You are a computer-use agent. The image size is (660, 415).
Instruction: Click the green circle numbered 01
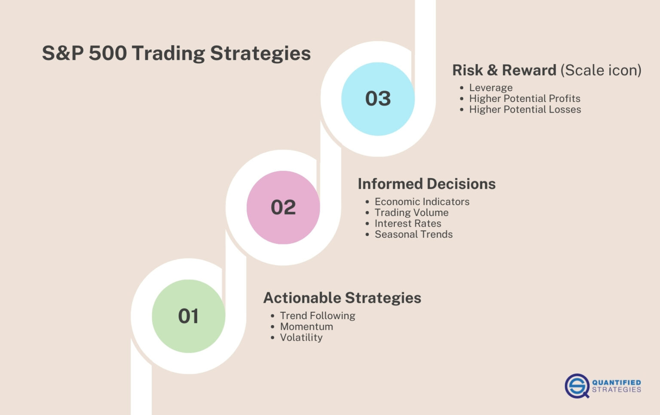coord(188,316)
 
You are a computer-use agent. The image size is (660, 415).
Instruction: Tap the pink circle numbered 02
coord(283,207)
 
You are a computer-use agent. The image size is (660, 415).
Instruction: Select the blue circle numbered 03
coord(378,98)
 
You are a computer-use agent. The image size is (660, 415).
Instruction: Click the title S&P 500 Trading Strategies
coord(176,53)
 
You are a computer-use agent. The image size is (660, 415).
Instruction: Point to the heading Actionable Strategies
coord(342,298)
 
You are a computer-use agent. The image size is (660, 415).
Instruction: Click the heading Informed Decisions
coord(426,184)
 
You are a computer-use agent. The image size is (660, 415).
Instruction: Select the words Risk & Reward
coord(504,70)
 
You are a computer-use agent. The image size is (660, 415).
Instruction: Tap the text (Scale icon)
coord(601,70)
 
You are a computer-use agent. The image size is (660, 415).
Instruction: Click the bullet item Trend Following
coord(318,316)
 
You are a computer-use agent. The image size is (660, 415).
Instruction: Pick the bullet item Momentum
coord(306,326)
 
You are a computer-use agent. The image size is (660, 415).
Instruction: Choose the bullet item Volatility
coord(301,338)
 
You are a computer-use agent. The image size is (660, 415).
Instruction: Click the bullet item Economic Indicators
coord(422,202)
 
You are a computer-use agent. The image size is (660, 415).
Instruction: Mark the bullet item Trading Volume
coord(411,212)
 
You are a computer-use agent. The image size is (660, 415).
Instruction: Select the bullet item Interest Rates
coord(408,224)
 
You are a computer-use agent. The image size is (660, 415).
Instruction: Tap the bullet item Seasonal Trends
coord(413,234)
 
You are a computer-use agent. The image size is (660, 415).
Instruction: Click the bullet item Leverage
coord(491,88)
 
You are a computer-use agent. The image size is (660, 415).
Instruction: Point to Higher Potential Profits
coord(525,98)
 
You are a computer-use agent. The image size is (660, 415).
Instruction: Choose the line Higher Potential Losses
coord(525,110)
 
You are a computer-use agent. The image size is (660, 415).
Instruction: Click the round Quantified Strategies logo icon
coord(577,386)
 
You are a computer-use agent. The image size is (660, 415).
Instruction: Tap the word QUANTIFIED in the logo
coord(616,382)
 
